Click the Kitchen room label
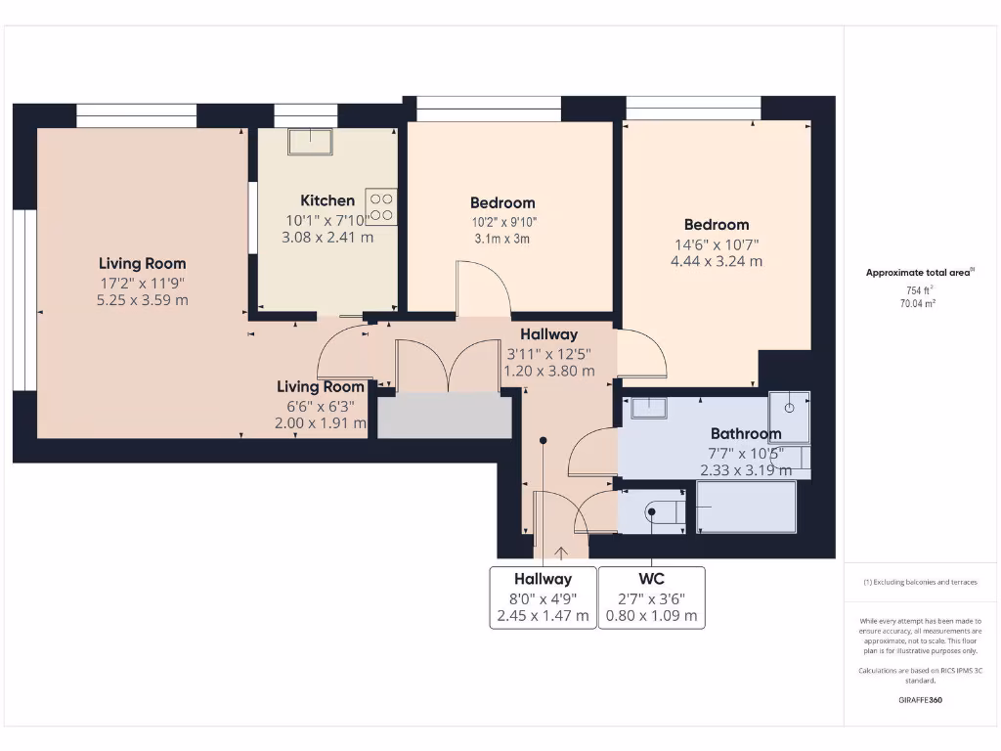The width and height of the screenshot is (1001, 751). (327, 200)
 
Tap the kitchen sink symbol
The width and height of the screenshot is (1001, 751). (310, 142)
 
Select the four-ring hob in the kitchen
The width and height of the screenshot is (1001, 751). (381, 206)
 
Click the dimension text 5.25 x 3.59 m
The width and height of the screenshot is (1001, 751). (142, 300)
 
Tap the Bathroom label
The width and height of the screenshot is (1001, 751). (745, 433)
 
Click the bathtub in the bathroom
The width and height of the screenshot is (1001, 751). (746, 507)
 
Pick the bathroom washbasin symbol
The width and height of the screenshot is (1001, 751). (648, 407)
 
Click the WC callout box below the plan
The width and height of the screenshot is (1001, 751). (651, 596)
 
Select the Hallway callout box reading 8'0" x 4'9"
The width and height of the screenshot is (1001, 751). (543, 596)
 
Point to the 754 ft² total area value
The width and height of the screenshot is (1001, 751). (919, 290)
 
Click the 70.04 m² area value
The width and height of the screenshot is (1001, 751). (919, 304)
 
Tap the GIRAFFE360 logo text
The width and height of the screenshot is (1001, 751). (919, 700)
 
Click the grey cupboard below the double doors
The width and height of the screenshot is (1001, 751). (445, 417)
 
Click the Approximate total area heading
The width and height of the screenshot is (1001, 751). (919, 273)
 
